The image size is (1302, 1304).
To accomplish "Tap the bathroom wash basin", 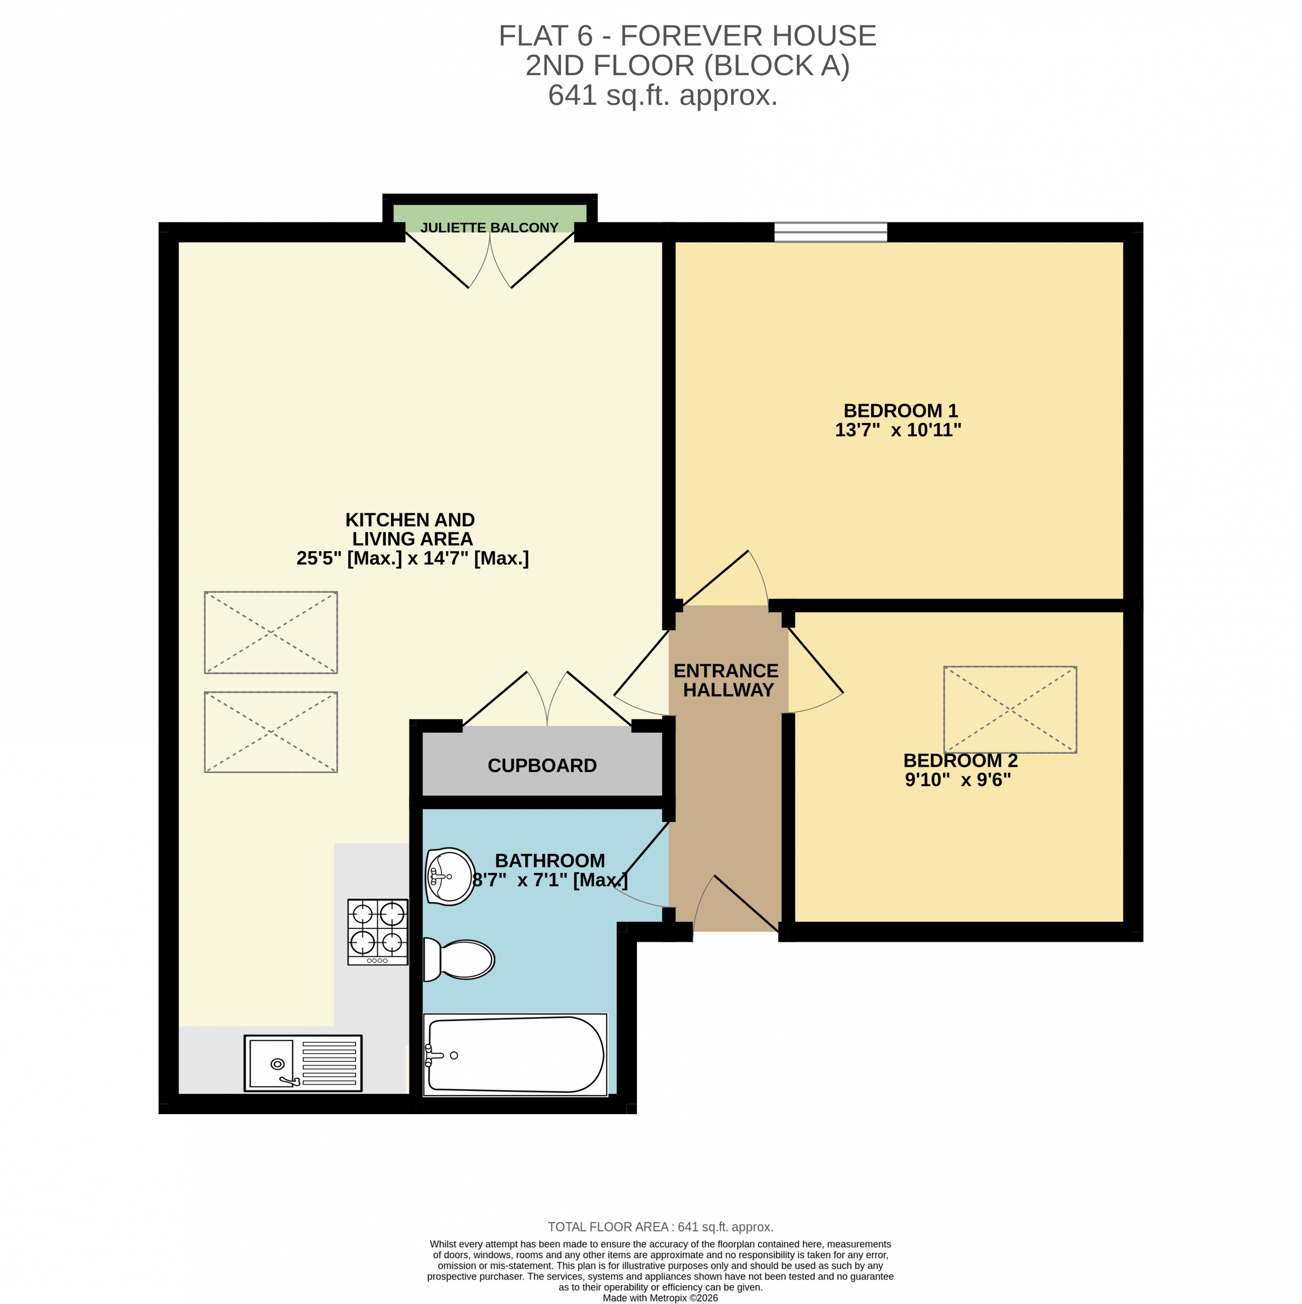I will [450, 876].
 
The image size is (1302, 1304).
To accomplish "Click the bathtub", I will [515, 1054].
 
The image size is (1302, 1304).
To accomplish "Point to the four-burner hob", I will [377, 932].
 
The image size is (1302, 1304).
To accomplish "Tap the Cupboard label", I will [542, 765].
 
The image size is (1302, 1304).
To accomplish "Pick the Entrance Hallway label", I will [726, 680].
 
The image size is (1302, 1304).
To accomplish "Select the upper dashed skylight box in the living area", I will [270, 632].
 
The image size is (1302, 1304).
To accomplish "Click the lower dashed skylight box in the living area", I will [270, 732].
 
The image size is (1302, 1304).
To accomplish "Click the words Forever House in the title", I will [748, 36].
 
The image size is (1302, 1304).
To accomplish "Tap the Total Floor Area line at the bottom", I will [660, 1227].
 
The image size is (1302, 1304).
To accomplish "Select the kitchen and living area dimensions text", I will [412, 558].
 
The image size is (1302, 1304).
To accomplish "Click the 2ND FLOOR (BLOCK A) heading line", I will [687, 65].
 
